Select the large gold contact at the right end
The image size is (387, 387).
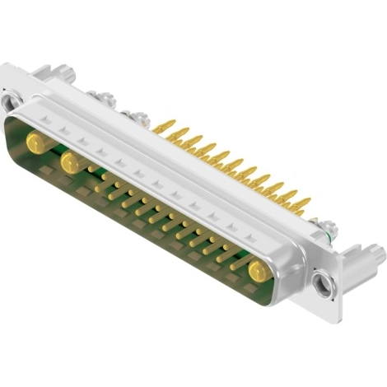click(258, 268)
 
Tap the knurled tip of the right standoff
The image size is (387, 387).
click(377, 257)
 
